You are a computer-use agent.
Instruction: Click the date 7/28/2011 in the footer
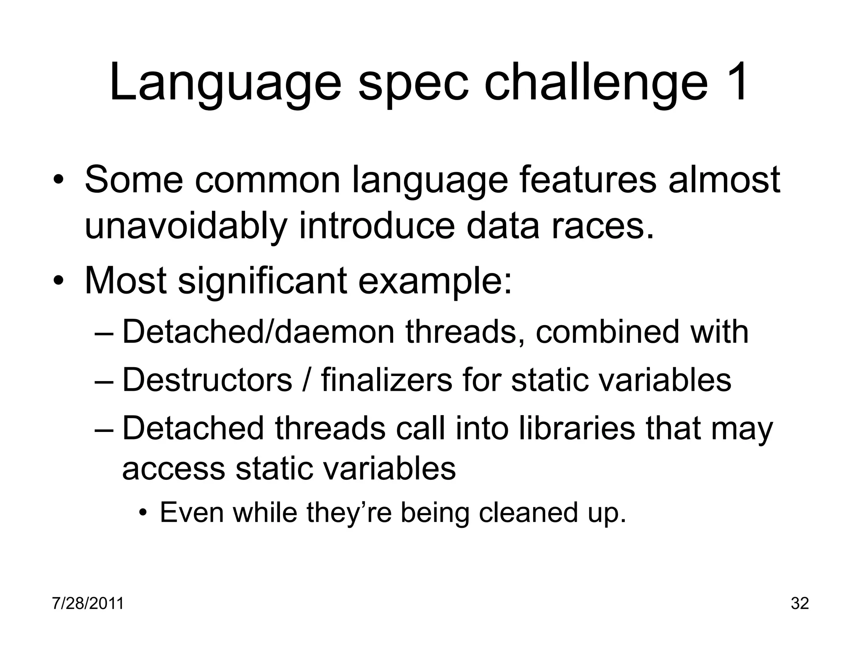pos(88,604)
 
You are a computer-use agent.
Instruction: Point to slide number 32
pos(800,604)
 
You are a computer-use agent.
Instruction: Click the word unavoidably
pos(185,227)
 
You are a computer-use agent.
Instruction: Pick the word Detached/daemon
pos(258,332)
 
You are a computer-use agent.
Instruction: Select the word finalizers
pos(386,380)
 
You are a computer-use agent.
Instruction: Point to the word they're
pos(349,514)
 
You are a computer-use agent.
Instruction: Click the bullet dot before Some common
pos(58,181)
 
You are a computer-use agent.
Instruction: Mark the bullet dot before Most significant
pos(58,281)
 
